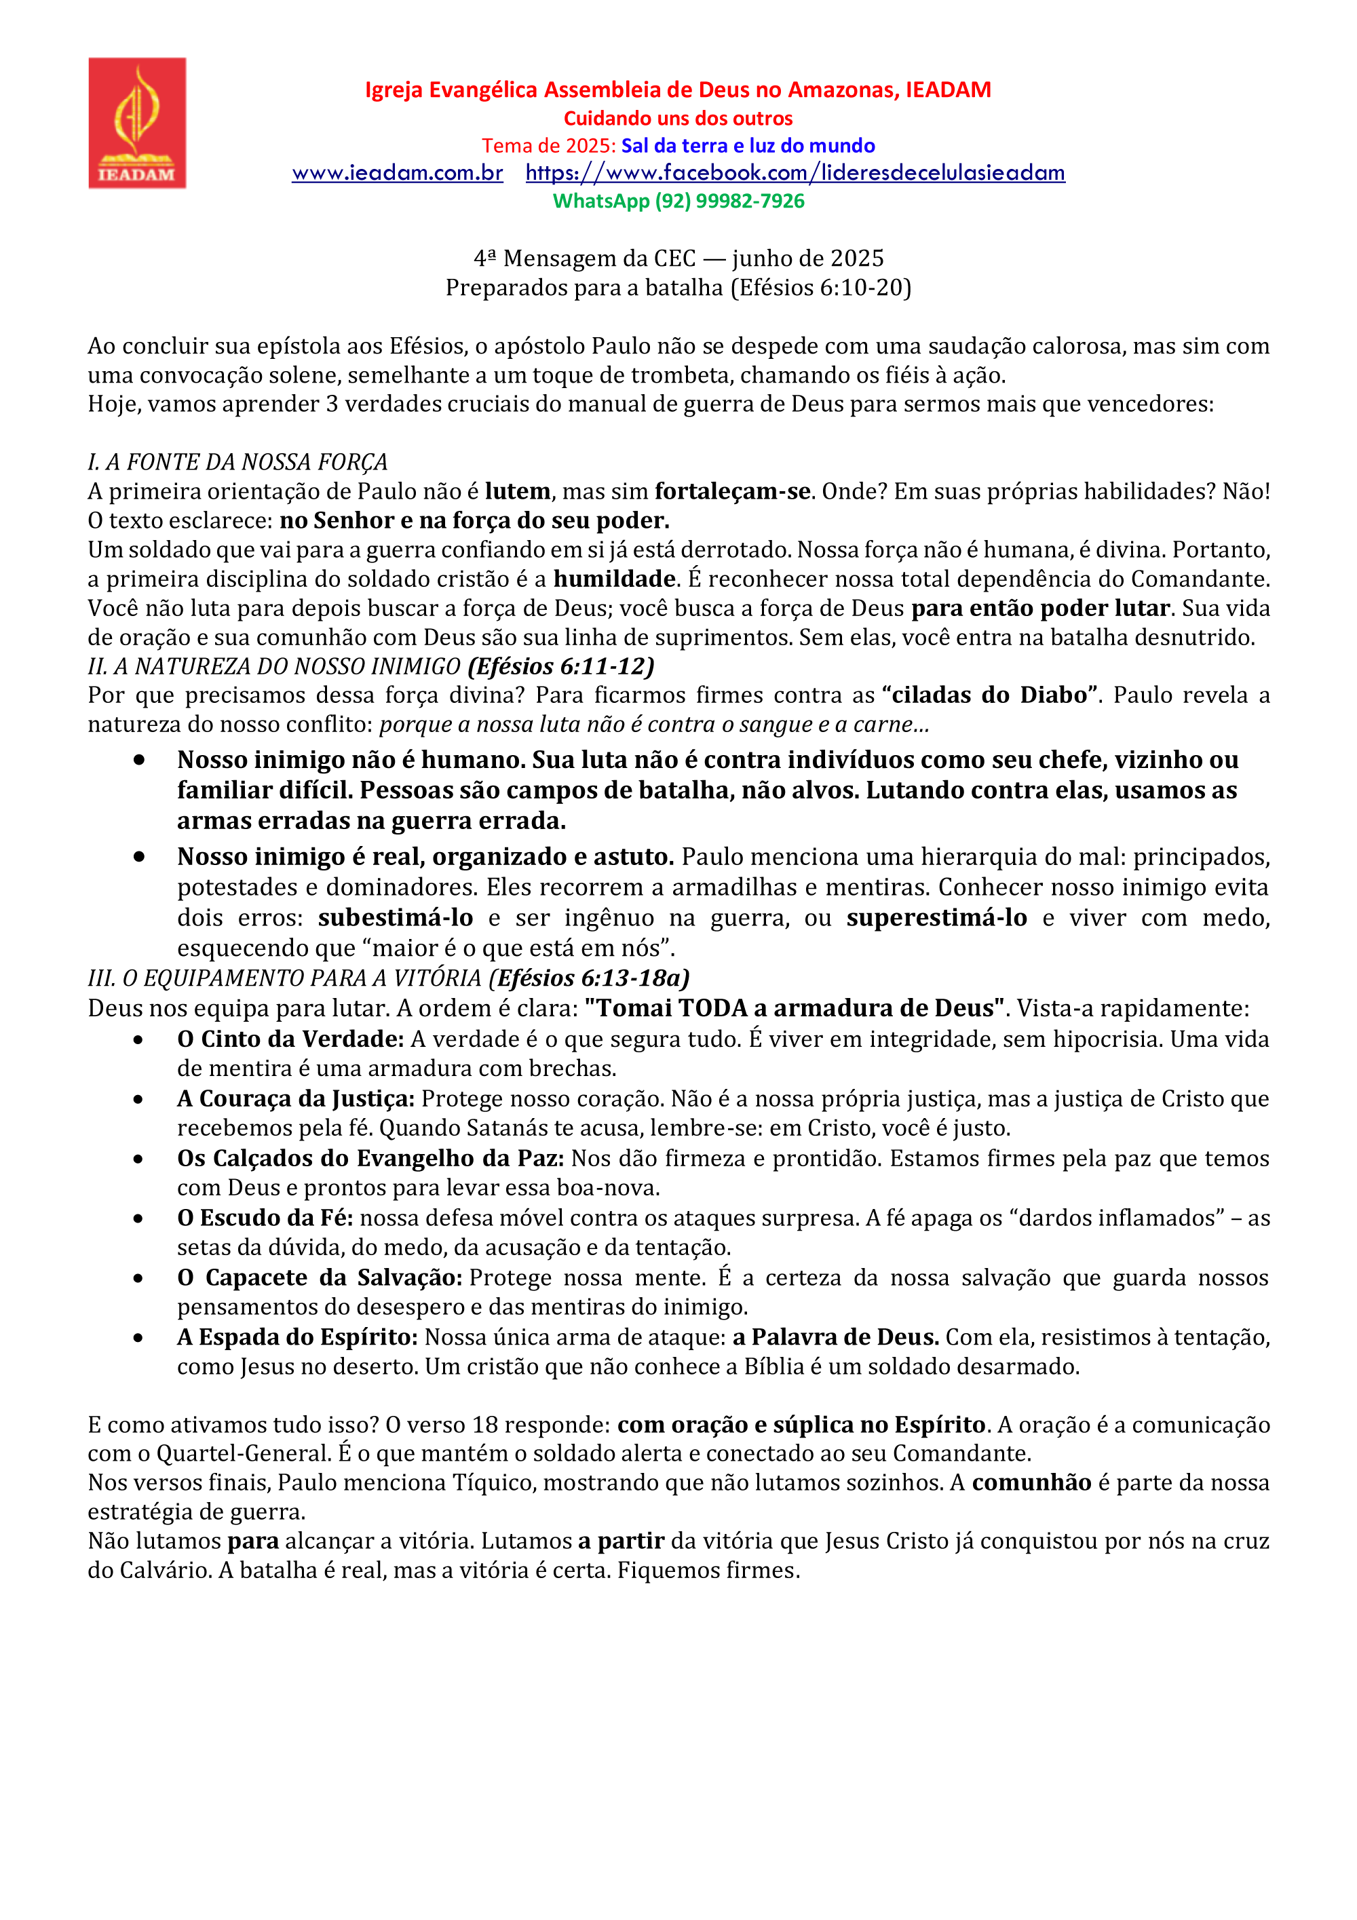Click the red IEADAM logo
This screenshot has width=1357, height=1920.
pos(137,123)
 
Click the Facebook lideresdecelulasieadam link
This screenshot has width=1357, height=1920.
pos(795,173)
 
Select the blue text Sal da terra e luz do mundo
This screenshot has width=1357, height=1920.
pos(748,145)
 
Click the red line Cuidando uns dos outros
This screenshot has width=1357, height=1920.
pos(678,118)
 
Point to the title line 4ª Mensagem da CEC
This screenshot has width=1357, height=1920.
pos(678,258)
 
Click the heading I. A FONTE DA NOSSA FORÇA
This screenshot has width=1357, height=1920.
pos(237,463)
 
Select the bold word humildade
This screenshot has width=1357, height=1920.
pos(615,579)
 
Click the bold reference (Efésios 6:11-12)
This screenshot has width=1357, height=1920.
pos(561,666)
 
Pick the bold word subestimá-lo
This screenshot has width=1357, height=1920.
pos(396,918)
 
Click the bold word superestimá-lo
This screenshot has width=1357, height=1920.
pos(936,918)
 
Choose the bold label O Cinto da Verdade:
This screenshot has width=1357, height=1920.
pos(290,1039)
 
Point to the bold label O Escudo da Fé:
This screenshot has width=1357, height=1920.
pos(265,1218)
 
